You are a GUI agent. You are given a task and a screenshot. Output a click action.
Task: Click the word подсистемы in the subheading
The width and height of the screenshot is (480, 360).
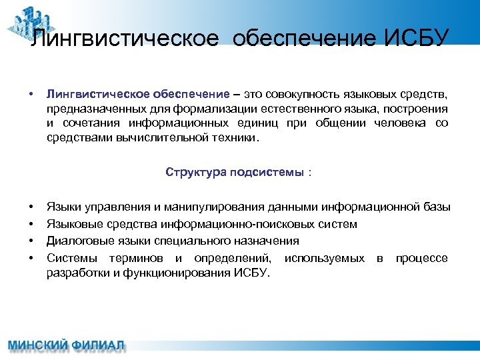[x=267, y=172]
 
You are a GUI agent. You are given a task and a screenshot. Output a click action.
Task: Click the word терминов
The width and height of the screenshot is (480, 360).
[x=142, y=257]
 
